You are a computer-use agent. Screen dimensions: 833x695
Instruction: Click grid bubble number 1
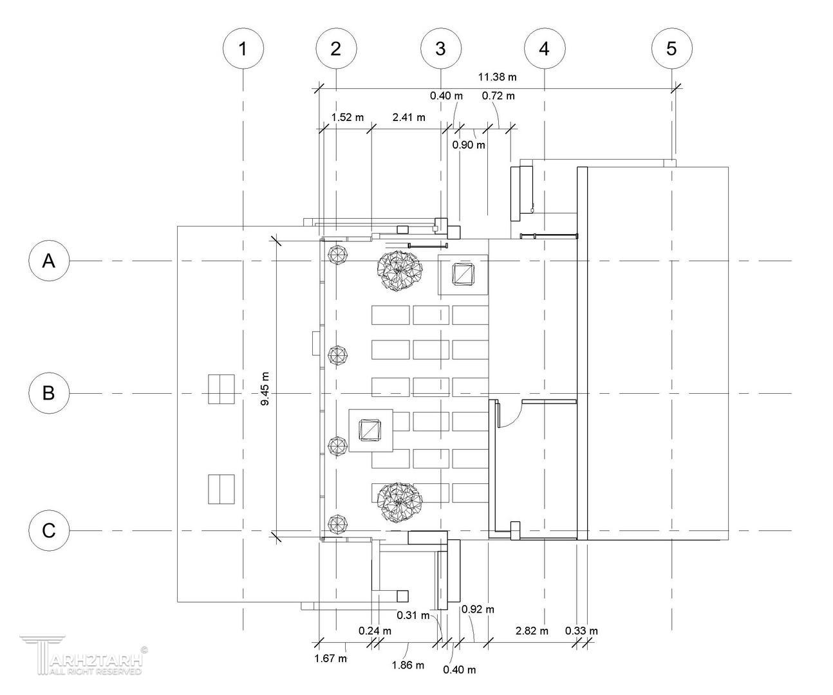[x=243, y=48]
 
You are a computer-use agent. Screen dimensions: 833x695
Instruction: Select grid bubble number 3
[x=441, y=48]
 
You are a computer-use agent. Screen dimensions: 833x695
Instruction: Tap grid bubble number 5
[x=672, y=48]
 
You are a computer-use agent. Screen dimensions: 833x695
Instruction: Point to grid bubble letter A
[x=49, y=261]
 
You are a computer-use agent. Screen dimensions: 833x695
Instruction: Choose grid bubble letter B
[x=49, y=393]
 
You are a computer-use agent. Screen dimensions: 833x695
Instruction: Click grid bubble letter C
[x=49, y=530]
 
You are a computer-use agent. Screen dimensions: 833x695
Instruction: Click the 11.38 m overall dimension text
[x=497, y=77]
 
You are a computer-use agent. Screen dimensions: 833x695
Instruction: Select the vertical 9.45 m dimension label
[x=265, y=389]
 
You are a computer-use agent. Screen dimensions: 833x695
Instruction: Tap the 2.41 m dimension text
[x=409, y=117]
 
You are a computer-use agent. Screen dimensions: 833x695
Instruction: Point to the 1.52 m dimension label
[x=348, y=117]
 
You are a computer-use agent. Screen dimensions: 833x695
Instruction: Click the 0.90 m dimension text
[x=469, y=145]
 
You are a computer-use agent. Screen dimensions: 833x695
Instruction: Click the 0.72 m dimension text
[x=498, y=96]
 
